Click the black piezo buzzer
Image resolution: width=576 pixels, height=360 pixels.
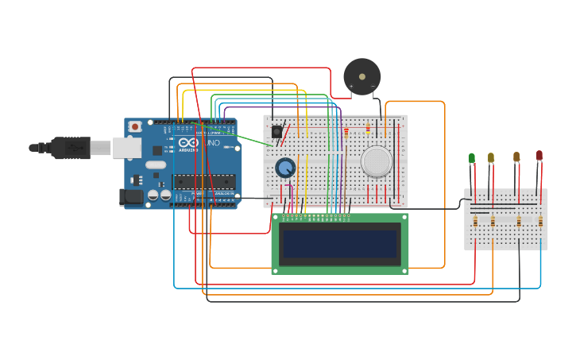click(361, 76)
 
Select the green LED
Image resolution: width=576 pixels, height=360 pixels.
click(472, 158)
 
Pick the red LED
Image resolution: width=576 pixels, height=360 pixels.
click(539, 156)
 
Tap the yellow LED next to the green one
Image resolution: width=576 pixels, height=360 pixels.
click(491, 157)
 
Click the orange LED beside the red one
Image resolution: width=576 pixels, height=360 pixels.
click(516, 157)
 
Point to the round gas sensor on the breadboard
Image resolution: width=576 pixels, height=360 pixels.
click(376, 161)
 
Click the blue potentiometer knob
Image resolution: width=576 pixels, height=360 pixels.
click(285, 168)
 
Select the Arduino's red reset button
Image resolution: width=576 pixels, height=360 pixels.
click(136, 126)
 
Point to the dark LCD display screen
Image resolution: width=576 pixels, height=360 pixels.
click(340, 243)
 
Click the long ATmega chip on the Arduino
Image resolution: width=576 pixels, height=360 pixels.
click(205, 181)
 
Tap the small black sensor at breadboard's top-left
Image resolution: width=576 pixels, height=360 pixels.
click(276, 132)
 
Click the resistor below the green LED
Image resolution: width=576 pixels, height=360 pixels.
click(475, 222)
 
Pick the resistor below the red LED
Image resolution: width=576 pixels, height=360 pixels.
click(541, 222)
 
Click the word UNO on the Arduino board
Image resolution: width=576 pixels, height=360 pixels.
click(213, 142)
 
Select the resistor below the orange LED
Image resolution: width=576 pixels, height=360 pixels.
click(520, 222)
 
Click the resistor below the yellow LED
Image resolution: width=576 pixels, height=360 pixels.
click(493, 222)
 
